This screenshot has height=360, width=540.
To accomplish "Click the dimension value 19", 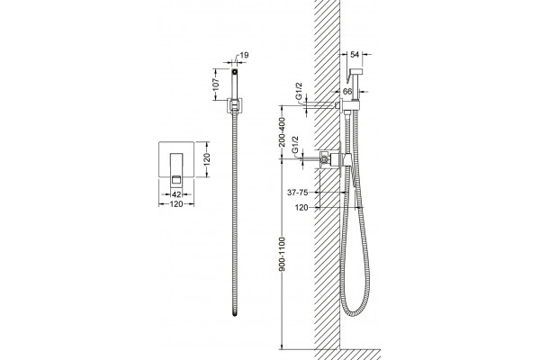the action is (x=244, y=55).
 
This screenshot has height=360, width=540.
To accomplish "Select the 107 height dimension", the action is (x=216, y=84).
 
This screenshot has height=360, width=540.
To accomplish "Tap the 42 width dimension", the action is (x=176, y=194).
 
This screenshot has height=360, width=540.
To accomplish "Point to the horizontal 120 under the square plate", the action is (x=176, y=204).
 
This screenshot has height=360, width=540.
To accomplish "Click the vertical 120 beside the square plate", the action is (x=207, y=158).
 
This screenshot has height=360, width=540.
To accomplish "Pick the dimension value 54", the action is (x=355, y=54).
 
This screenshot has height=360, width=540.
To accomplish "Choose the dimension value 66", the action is (x=347, y=92).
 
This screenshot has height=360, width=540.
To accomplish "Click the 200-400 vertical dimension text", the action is (x=282, y=132).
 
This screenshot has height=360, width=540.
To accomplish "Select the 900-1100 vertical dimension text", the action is (x=282, y=254).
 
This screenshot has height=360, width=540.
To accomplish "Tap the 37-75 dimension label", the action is (x=298, y=193).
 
